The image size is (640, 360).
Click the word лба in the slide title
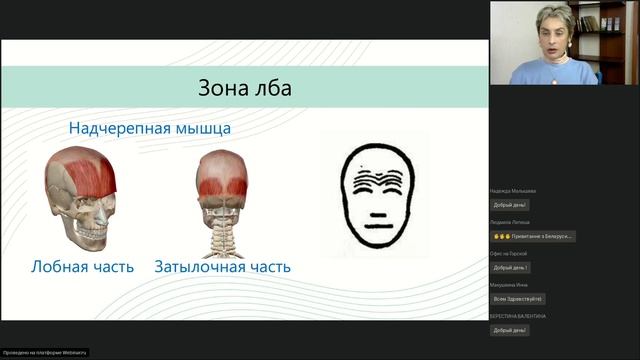271,90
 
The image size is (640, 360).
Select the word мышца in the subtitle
199,129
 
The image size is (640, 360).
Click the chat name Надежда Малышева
513,191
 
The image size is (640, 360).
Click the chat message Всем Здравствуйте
517,299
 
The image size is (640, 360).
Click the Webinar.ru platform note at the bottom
45,352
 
